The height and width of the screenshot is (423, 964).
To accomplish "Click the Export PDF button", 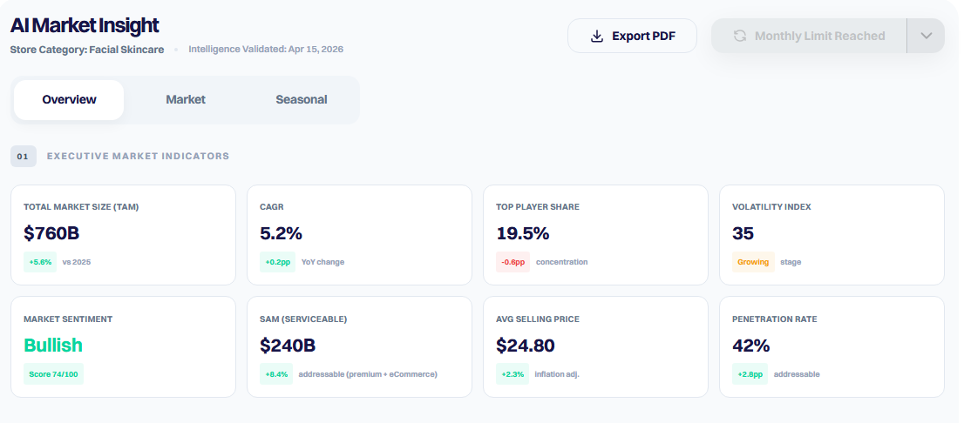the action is click(632, 36).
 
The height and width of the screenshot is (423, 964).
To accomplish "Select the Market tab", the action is click(186, 99).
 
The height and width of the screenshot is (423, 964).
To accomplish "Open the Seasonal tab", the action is click(302, 99).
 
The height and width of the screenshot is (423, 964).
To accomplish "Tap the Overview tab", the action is click(69, 99).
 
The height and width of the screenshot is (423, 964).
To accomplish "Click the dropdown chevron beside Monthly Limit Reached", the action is click(926, 36).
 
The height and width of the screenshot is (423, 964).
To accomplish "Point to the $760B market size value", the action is click(51, 233).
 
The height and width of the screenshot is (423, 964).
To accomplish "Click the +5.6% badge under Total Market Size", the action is click(40, 262).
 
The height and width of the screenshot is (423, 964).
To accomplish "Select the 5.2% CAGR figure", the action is click(281, 233).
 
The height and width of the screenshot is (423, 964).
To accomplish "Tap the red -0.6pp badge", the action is click(513, 262).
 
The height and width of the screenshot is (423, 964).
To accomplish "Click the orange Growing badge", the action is click(753, 262).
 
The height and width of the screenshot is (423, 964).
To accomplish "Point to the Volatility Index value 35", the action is click(743, 233).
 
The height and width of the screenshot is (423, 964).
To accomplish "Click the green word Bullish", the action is click(53, 345).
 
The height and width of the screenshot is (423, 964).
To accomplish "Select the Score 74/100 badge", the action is click(53, 374).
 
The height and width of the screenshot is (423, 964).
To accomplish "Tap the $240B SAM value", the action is click(288, 345).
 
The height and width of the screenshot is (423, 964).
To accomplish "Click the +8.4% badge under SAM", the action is click(276, 374).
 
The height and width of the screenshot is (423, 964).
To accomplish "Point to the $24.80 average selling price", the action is click(525, 345).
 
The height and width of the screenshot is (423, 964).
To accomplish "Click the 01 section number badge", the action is click(24, 157).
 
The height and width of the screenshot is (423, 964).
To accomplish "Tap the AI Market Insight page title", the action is click(85, 25).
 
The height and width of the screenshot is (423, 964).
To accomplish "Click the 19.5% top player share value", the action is click(523, 233).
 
